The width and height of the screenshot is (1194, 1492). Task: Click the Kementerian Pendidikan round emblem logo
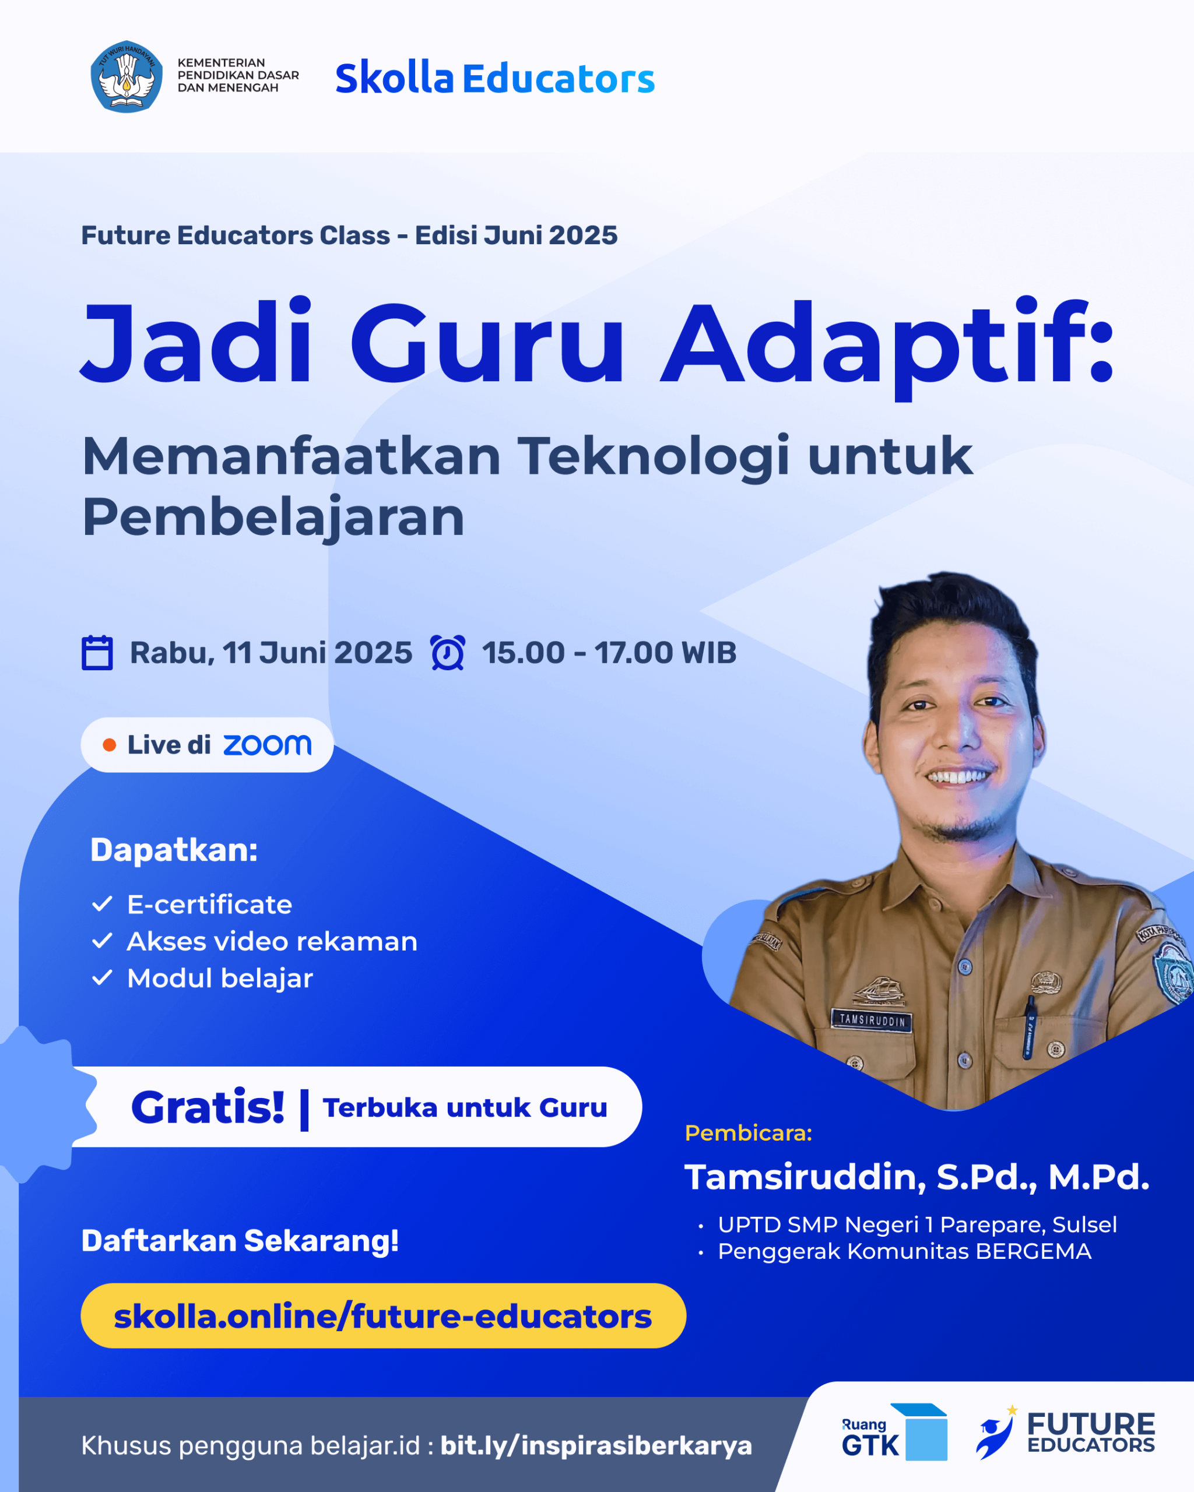(127, 77)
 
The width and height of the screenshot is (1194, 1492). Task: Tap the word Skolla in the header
(395, 78)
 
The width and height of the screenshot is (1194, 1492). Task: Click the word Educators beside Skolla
(559, 79)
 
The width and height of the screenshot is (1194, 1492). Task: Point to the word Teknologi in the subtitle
(654, 457)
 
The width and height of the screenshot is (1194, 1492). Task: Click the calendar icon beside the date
(97, 653)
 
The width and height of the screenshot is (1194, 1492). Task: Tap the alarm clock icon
(448, 653)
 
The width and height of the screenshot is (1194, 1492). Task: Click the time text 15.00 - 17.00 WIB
(609, 653)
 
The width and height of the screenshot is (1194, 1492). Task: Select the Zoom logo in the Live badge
(267, 745)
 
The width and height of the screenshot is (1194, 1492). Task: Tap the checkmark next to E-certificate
(103, 904)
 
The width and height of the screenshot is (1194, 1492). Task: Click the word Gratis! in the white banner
(208, 1107)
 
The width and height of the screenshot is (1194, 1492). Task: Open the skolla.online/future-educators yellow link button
(384, 1316)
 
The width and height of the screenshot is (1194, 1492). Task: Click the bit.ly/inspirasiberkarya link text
(596, 1445)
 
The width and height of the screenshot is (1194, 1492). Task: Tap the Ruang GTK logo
(894, 1433)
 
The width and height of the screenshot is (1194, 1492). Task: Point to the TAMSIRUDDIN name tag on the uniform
(872, 1021)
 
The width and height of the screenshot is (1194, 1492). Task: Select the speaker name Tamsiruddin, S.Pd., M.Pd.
(917, 1177)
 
